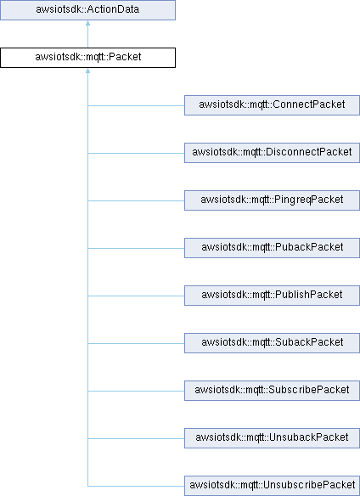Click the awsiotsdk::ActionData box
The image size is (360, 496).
tap(87, 10)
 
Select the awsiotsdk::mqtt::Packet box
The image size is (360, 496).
tap(87, 58)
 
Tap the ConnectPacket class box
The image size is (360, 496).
tap(272, 105)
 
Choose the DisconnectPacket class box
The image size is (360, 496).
tap(272, 153)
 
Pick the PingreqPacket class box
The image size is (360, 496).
tap(272, 200)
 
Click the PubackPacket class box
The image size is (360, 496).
tap(272, 248)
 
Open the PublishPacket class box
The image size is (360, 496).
tap(272, 296)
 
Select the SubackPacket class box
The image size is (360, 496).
tap(272, 343)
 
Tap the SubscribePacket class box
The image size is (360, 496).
tap(272, 391)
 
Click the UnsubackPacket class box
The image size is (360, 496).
tap(272, 438)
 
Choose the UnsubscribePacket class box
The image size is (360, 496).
tap(272, 486)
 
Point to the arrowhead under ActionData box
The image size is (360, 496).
tap(87, 23)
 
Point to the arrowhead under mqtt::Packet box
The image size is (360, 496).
tap(87, 70)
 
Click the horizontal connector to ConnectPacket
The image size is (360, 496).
tap(136, 105)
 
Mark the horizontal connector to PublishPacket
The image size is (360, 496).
tap(136, 296)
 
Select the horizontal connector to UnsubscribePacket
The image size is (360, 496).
tap(136, 486)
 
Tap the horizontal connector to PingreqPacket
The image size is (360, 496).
tap(136, 200)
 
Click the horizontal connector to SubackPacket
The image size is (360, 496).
tap(136, 343)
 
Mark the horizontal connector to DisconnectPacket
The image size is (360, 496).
tap(136, 153)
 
